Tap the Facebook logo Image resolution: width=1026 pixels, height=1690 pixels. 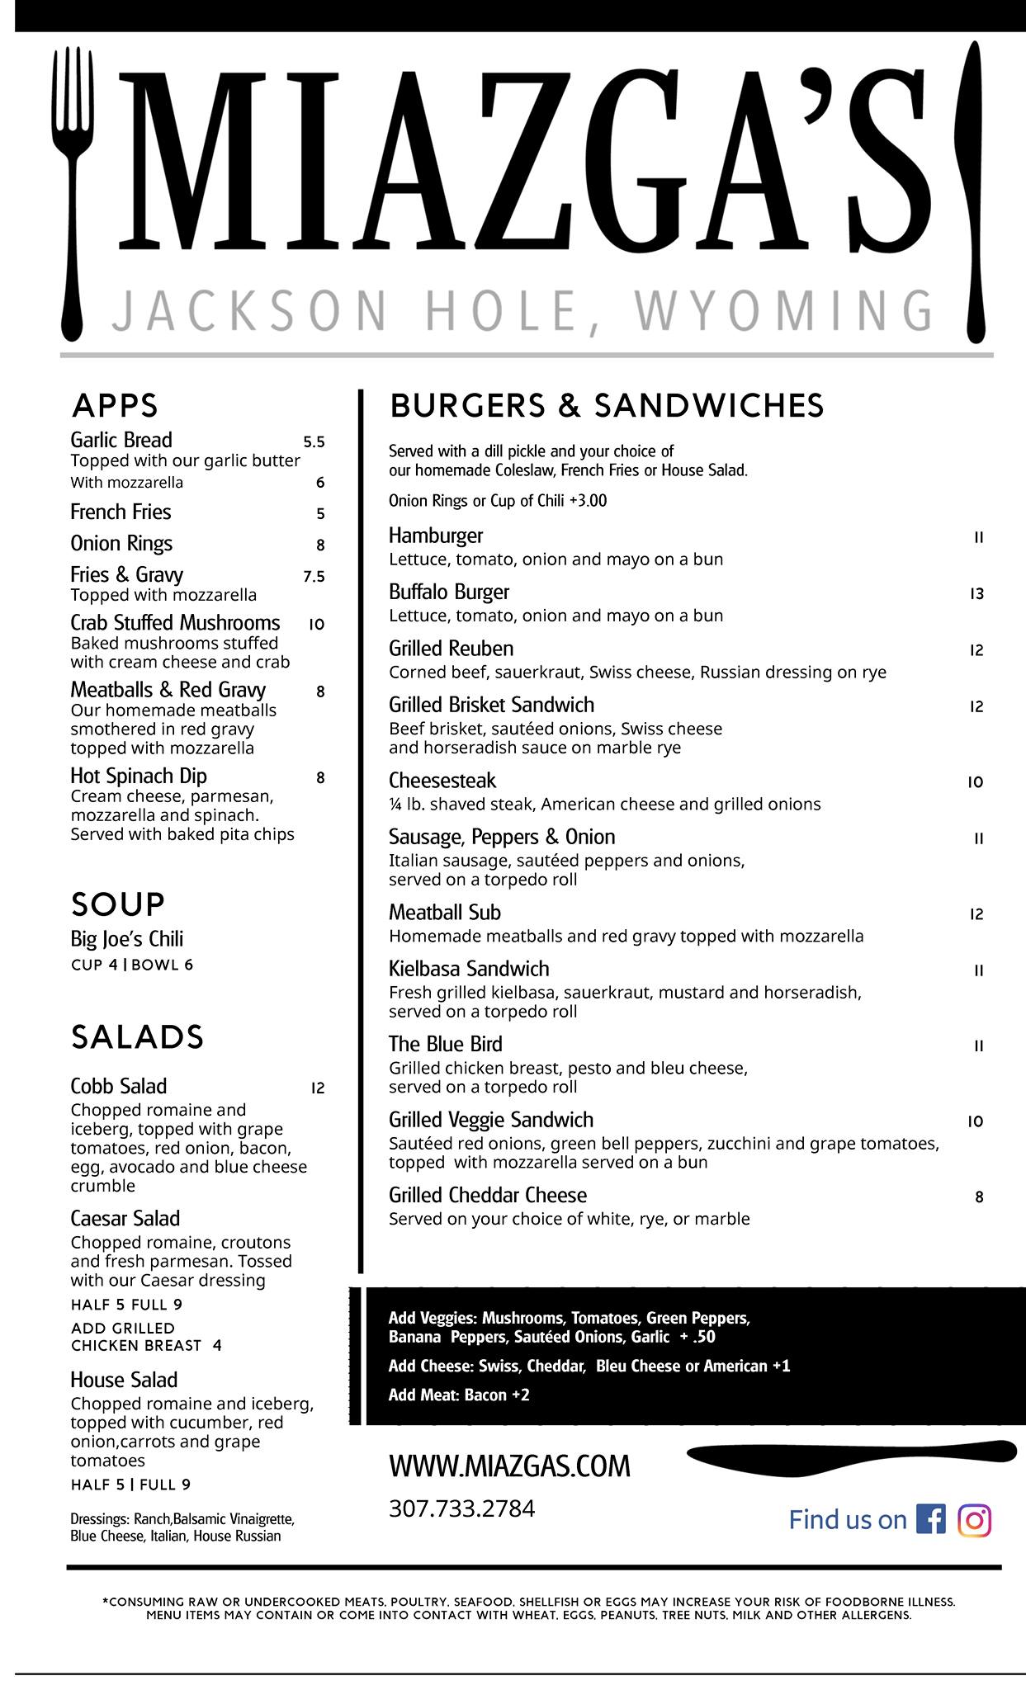point(930,1519)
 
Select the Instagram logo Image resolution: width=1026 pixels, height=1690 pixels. point(974,1519)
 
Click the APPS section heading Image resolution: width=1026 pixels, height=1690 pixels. point(115,405)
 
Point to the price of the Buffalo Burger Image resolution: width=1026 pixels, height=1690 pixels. point(976,593)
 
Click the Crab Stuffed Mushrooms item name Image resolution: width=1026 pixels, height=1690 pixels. point(175,622)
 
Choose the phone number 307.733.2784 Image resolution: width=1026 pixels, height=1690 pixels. point(461,1508)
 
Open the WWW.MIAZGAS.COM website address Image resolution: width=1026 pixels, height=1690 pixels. point(509,1466)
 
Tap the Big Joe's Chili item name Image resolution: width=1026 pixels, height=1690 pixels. point(127,939)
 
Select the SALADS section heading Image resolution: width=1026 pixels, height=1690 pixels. point(137,1036)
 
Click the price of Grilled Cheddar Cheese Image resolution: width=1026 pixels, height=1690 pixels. point(979,1197)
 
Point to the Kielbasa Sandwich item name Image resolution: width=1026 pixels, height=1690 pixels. point(469,969)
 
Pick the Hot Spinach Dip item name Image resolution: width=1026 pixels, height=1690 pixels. point(139,776)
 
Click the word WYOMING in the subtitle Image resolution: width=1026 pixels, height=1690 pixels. point(783,310)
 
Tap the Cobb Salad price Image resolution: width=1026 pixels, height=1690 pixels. point(318,1088)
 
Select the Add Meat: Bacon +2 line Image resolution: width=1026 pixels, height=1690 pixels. point(459,1395)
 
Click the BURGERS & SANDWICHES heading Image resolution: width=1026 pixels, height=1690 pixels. point(607,405)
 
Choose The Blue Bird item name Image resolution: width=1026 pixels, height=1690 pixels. point(446,1044)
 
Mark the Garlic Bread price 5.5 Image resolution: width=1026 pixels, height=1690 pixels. point(314,441)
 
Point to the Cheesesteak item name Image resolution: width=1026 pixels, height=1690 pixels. point(442,780)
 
